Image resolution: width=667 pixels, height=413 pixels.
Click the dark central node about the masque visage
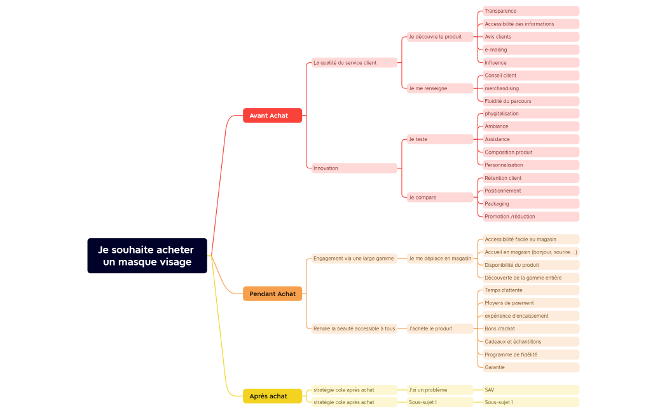147,256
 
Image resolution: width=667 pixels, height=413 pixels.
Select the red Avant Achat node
272,116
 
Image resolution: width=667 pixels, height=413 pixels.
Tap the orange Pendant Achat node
272,294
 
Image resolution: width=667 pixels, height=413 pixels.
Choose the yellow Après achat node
272,396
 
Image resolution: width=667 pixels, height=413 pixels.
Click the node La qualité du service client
354,62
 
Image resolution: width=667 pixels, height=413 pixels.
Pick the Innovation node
354,168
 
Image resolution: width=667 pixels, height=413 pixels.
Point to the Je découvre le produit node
440,37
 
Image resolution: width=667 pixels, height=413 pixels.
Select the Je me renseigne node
440,88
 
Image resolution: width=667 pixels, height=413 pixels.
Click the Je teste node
440,139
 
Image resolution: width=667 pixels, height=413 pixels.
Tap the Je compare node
440,197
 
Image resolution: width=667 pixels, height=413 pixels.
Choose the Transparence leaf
531,11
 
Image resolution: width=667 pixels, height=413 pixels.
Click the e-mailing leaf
531,50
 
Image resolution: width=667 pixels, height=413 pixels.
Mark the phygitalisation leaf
531,114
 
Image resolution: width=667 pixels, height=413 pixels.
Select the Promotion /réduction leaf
531,216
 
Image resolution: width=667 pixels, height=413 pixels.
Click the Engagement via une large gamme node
354,259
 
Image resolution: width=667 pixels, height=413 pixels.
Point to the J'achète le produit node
440,328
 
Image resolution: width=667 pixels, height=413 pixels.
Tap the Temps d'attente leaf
531,290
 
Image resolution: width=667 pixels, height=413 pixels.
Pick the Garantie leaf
531,367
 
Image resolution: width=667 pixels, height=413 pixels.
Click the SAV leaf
531,389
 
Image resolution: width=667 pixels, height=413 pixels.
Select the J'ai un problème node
440,389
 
